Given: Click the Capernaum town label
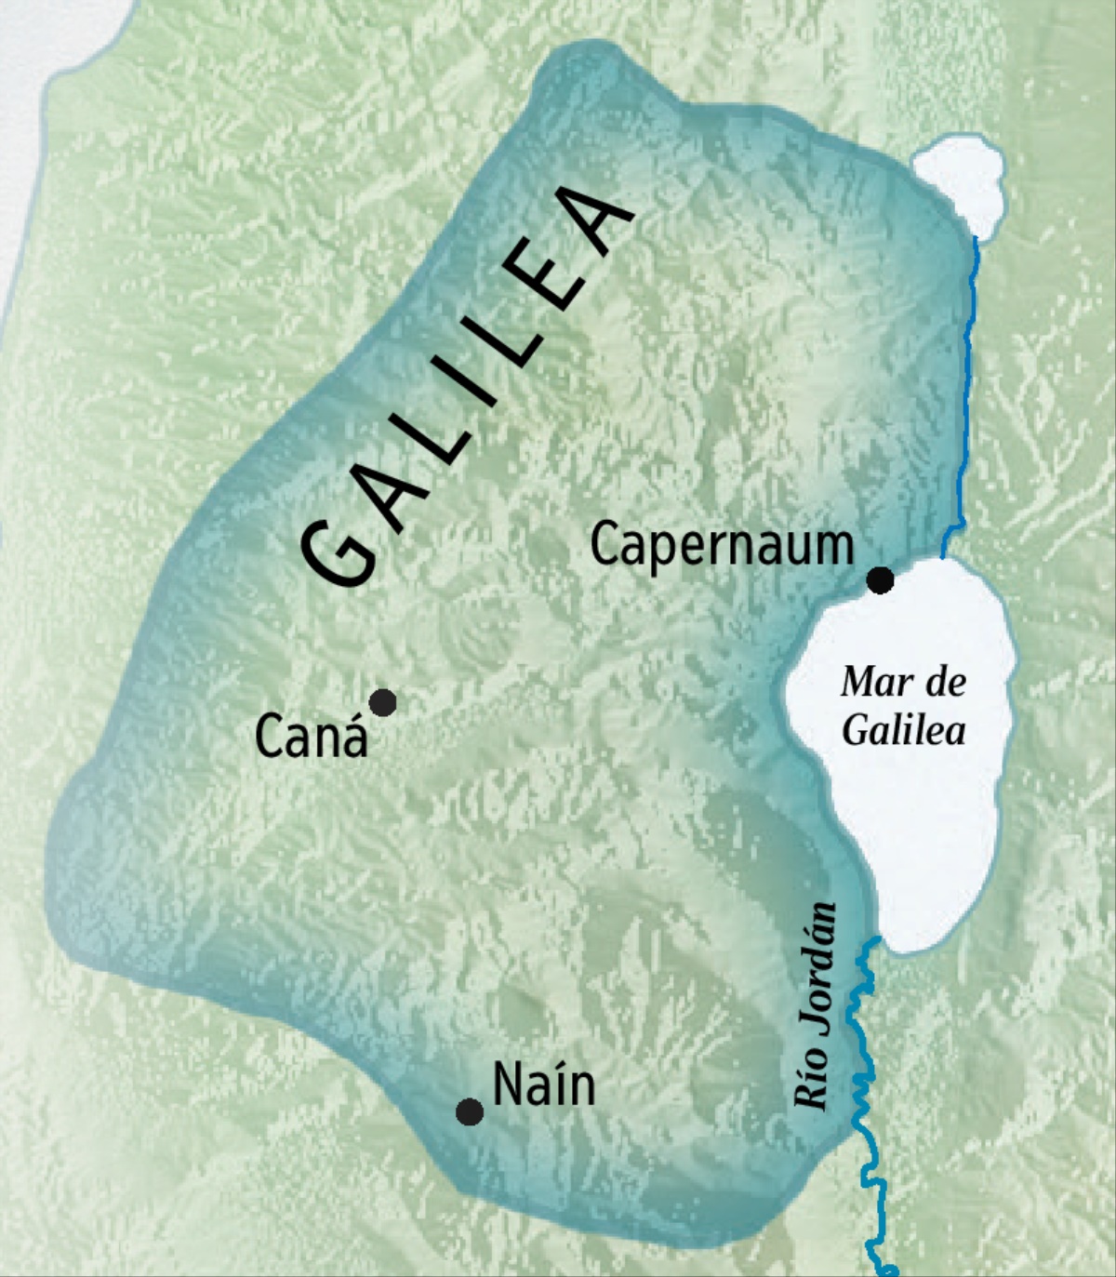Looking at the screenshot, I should (722, 546).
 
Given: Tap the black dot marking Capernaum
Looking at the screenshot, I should (880, 580).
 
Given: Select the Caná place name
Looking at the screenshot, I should (311, 738).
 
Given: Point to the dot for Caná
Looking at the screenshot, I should (382, 702).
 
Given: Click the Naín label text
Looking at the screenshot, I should (543, 1084).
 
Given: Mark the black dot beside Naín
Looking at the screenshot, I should (470, 1111).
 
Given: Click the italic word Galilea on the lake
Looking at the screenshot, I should (903, 730).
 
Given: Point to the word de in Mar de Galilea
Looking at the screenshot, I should (946, 683).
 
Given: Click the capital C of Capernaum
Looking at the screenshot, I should (604, 546).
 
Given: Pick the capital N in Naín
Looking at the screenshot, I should (509, 1084).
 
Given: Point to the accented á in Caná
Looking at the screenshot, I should (353, 737).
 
